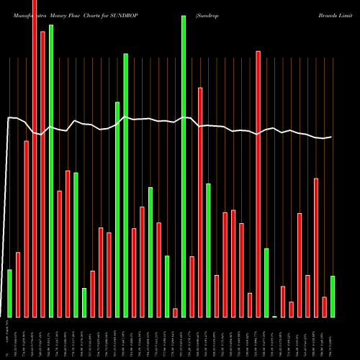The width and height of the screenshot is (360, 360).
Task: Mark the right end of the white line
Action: [x=332, y=137]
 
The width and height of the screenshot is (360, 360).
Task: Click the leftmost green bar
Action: [x=10, y=293]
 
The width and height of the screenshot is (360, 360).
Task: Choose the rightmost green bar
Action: [x=333, y=296]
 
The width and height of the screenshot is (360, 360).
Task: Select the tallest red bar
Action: [x=35, y=158]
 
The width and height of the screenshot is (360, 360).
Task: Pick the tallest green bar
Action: [x=184, y=166]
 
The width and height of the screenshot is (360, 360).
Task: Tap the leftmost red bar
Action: [x=18, y=284]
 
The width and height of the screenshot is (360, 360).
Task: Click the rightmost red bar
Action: [x=324, y=307]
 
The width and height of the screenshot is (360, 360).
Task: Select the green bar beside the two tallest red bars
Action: [x=51, y=171]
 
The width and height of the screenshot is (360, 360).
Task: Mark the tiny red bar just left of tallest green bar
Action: [x=175, y=312]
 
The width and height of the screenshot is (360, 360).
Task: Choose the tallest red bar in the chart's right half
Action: [x=258, y=184]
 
